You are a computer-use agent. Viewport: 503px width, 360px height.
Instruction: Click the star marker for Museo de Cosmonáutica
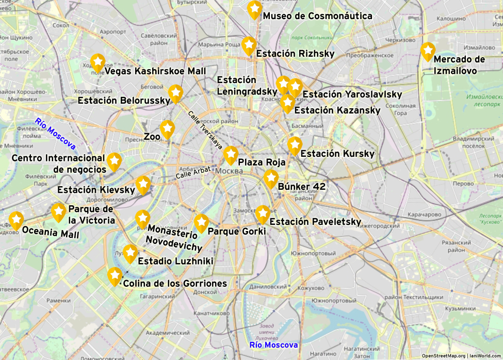pyautogui.click(x=254, y=9)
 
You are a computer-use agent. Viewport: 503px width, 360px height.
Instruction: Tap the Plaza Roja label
pyautogui.click(x=261, y=162)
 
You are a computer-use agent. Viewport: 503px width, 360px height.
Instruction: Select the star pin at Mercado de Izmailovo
pyautogui.click(x=428, y=51)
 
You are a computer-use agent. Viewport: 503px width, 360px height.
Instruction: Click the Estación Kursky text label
pyautogui.click(x=337, y=154)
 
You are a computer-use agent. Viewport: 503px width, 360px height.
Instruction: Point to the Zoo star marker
pyautogui.click(x=167, y=129)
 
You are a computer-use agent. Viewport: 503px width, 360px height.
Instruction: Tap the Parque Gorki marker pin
pyautogui.click(x=201, y=223)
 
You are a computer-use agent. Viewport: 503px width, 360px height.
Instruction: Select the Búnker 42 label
pyautogui.click(x=301, y=187)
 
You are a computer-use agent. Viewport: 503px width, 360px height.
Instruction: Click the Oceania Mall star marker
pyautogui.click(x=16, y=220)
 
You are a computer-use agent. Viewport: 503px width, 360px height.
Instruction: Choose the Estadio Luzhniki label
pyautogui.click(x=175, y=261)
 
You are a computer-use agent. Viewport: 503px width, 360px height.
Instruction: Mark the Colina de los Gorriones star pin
pyautogui.click(x=115, y=276)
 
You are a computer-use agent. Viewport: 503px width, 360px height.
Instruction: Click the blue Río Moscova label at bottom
pyautogui.click(x=273, y=345)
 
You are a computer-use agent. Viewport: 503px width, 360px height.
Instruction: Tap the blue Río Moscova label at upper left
pyautogui.click(x=55, y=134)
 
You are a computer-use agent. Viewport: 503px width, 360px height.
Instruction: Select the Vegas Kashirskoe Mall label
pyautogui.click(x=155, y=71)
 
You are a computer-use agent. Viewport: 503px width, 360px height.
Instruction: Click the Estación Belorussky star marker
pyautogui.click(x=175, y=93)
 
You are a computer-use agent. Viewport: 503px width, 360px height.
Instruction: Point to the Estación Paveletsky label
pyautogui.click(x=315, y=222)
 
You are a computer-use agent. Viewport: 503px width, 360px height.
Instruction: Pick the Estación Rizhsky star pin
pyautogui.click(x=249, y=45)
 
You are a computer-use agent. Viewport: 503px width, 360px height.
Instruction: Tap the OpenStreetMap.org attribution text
pyautogui.click(x=443, y=356)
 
